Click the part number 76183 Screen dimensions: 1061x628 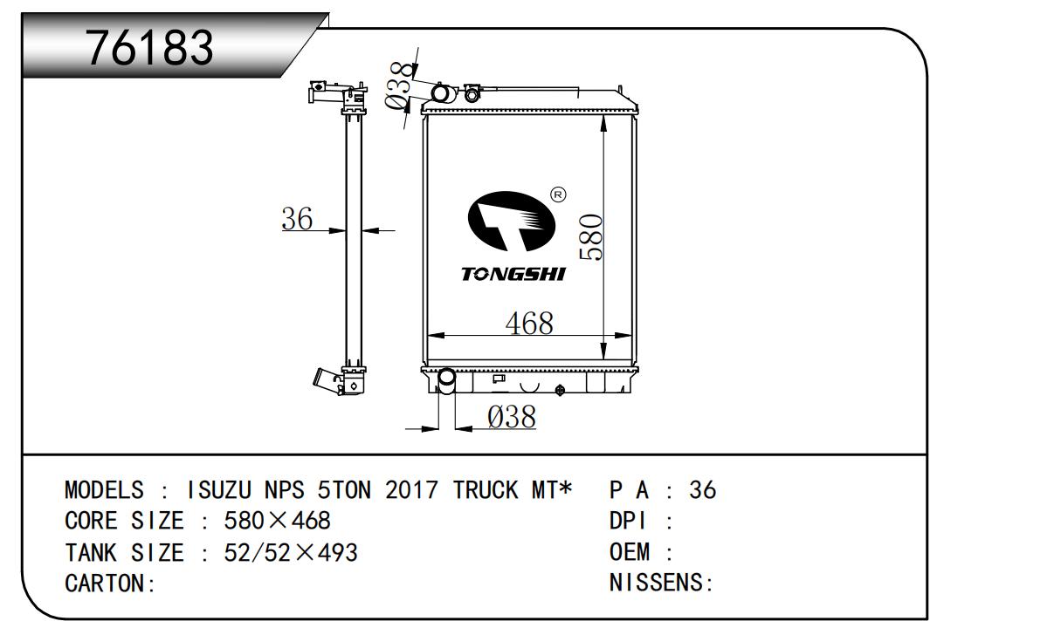click(x=149, y=47)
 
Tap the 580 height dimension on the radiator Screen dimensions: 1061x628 click(x=591, y=237)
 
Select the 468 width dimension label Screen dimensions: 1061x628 click(x=529, y=324)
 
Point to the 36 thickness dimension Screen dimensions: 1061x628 click(x=297, y=219)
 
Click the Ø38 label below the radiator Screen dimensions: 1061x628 click(x=512, y=417)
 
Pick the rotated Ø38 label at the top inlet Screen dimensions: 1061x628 click(x=399, y=85)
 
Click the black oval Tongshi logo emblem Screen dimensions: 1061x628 click(x=511, y=221)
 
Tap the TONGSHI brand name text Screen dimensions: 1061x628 click(x=513, y=274)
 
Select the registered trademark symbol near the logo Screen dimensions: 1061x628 click(x=559, y=194)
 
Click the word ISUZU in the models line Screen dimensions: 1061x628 click(x=218, y=490)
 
